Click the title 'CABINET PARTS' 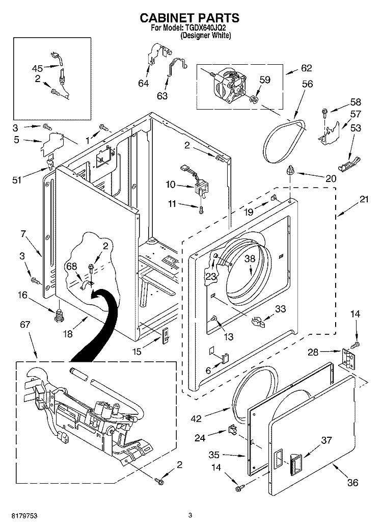[x=189, y=18]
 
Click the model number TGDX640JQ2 [x=208, y=29]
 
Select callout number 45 [x=38, y=67]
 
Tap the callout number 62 [x=306, y=68]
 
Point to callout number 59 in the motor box [x=265, y=80]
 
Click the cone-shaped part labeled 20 [x=291, y=170]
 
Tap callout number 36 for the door [x=352, y=483]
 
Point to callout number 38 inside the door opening [x=250, y=258]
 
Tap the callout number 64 [x=144, y=83]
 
